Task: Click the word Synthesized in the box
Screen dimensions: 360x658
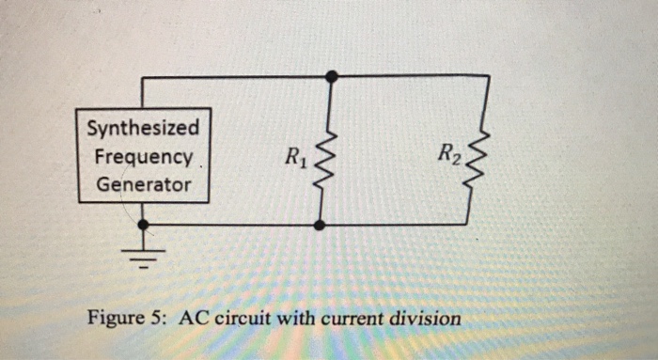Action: click(143, 127)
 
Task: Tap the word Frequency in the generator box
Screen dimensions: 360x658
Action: click(143, 155)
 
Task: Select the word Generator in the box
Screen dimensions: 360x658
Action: click(143, 184)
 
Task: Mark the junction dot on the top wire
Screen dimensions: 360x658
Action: click(330, 76)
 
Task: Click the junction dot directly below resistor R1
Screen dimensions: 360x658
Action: click(321, 226)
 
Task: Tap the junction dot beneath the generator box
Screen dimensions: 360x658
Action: click(143, 226)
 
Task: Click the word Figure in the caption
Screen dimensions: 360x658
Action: click(115, 318)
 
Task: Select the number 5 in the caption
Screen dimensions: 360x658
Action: click(156, 318)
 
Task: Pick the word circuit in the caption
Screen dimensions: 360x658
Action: click(243, 318)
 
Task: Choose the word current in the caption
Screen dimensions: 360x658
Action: click(353, 318)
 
